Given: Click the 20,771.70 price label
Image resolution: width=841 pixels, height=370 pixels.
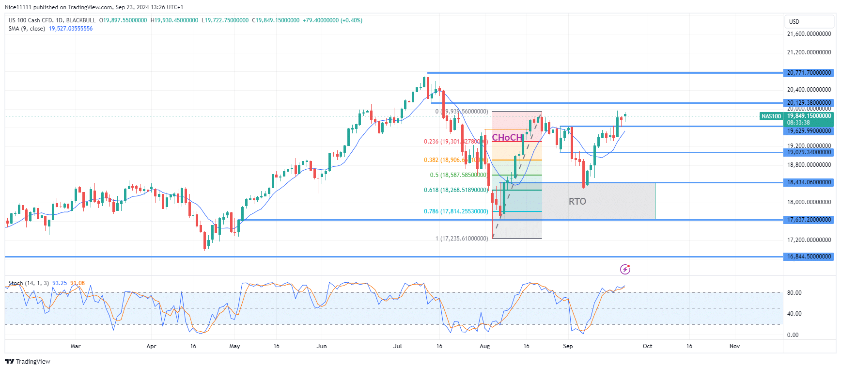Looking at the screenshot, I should coord(809,73).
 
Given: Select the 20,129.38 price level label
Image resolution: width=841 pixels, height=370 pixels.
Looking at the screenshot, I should coord(809,103).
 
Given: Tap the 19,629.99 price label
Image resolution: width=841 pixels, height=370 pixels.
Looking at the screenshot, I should coord(809,131).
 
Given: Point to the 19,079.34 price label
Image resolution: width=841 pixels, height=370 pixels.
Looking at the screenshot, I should coord(809,152).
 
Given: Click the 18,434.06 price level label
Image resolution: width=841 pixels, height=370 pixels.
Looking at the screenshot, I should coord(809,182).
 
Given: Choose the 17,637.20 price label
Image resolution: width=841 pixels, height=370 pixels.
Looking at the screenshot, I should coord(809,220).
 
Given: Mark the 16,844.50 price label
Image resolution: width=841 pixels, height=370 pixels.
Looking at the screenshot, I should coord(809,257).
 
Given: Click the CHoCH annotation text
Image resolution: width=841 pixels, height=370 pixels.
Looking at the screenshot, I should coord(507,137).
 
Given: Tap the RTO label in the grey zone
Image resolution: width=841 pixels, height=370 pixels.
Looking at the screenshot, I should coord(577,201).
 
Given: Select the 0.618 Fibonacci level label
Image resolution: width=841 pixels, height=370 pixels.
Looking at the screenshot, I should coord(455,190).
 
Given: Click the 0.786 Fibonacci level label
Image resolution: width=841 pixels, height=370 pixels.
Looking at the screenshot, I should coord(455,211).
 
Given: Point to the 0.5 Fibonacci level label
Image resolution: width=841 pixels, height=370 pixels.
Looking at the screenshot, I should coord(458,175).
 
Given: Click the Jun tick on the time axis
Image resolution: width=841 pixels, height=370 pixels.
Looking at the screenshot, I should coord(322,346).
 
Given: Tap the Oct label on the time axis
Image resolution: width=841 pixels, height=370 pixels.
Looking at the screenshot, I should coord(647,346).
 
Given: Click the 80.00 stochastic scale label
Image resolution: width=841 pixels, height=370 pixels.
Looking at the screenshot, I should coord(794,293).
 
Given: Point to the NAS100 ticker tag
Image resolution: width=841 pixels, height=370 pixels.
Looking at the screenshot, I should coord(771,116).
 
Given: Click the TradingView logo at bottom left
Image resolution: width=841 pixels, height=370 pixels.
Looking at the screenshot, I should coord(28,362).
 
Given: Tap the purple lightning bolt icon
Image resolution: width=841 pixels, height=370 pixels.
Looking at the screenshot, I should coord(625,269).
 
